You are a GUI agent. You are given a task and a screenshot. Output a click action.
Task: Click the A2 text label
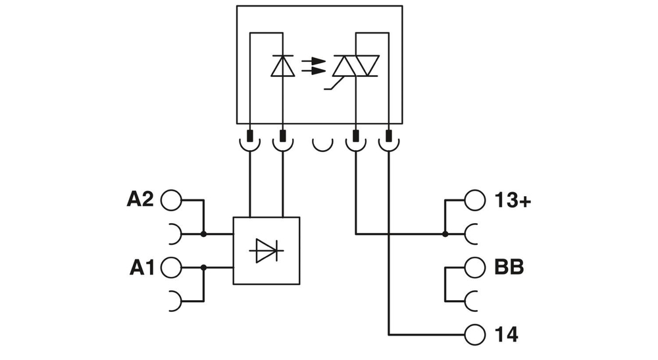[x=139, y=199]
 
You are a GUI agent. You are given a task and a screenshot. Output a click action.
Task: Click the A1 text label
[x=141, y=267]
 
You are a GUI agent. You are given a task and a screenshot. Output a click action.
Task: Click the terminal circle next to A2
[x=170, y=200]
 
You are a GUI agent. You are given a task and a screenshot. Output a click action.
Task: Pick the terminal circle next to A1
[x=170, y=267]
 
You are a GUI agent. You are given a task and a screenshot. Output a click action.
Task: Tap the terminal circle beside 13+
[x=474, y=200]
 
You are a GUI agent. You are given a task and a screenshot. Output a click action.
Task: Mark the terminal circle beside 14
[x=474, y=334]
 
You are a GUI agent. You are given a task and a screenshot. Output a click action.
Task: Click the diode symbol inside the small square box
[x=266, y=251]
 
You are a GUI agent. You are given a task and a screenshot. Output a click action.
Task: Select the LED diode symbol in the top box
[x=283, y=66]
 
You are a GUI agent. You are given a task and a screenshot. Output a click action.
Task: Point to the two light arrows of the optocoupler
[x=313, y=66]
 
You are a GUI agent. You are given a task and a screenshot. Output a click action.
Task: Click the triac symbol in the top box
[x=355, y=66]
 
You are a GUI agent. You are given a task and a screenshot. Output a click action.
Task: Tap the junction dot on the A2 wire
[x=203, y=234]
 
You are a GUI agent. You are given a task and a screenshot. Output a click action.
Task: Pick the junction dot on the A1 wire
[x=203, y=267]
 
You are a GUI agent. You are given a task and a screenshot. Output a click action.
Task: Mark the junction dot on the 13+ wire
[x=445, y=234]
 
